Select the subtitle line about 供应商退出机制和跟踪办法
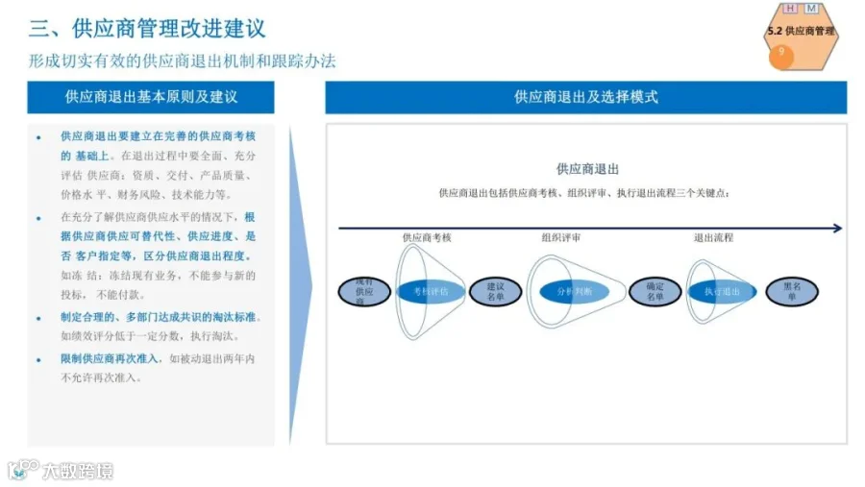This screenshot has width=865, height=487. click(182, 61)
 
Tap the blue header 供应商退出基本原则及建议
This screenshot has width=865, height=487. click(151, 97)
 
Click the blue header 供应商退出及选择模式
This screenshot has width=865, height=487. click(585, 97)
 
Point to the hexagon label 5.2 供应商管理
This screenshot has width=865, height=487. click(800, 32)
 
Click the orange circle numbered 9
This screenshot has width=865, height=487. click(781, 54)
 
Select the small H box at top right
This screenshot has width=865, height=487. click(791, 9)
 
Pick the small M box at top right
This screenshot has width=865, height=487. click(811, 9)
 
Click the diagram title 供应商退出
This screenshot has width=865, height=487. click(587, 169)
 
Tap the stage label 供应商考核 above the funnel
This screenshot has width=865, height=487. click(428, 237)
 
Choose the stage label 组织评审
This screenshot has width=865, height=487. click(560, 237)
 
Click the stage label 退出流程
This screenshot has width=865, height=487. click(713, 237)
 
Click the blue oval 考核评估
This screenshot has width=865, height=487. click(431, 291)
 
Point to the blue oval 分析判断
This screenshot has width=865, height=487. click(575, 291)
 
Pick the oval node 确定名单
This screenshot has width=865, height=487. click(655, 291)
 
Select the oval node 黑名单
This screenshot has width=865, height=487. click(792, 291)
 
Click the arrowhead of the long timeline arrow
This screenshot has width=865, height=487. click(837, 228)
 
